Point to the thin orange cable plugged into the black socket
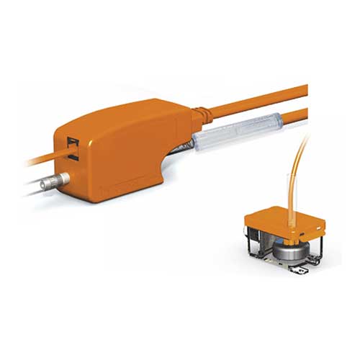pyautogui.click(x=36, y=160)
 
